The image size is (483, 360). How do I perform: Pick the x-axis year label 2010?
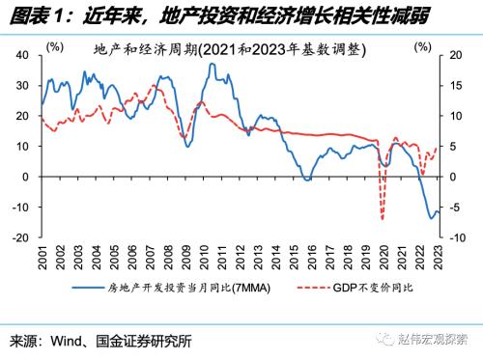tap(203, 257)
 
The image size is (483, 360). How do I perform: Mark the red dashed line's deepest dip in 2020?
tap(384, 218)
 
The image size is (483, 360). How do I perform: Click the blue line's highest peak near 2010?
tap(211, 64)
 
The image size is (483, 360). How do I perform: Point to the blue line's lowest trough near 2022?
tap(432, 218)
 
